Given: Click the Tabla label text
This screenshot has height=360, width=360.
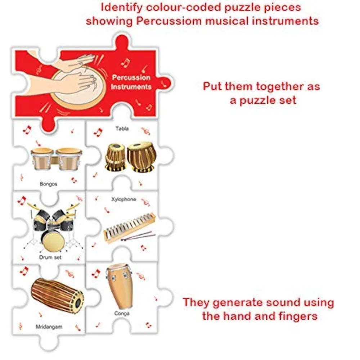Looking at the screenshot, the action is coord(122,129).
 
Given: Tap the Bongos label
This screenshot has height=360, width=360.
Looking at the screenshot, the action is coord(49,184).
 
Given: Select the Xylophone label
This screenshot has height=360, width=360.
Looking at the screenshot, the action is coord(123,199).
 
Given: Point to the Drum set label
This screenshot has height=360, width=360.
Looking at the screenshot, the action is coord(50,257).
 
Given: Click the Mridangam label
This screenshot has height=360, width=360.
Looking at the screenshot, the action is coord(49,327).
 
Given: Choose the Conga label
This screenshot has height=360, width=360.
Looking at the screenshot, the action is coord(122,314).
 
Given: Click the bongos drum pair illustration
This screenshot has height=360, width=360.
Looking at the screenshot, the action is coord(56,159).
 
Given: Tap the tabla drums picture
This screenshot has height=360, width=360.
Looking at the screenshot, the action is coord(130,157).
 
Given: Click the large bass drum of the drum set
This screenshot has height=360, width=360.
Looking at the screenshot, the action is coord(54,241).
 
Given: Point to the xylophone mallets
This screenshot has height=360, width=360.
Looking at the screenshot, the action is coord(139,237).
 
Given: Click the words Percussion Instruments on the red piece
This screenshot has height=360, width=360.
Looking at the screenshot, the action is coord(131,82).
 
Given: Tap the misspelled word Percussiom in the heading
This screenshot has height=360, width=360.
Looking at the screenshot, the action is coord(169,21).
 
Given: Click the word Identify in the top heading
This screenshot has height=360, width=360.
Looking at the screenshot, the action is coord(122,7).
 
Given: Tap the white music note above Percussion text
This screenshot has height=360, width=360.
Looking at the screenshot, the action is coord(125,62).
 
